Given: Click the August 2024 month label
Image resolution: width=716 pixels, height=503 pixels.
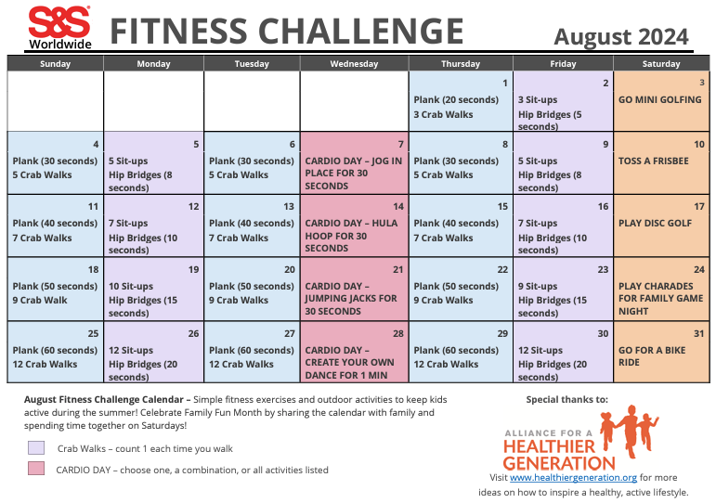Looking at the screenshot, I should coord(621,36).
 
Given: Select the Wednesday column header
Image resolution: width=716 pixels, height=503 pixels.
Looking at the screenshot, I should coord(353,64).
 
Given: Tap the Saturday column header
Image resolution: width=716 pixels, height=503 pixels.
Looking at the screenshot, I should coord(660,64).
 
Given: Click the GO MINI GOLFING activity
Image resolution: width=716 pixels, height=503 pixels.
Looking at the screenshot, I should coord(659,99).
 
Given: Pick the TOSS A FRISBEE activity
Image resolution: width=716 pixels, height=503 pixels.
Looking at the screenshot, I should coord(653,161).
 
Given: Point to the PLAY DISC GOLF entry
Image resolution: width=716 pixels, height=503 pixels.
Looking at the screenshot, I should coord(655,223).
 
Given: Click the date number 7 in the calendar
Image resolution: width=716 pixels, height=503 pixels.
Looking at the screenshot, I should coord(400,145).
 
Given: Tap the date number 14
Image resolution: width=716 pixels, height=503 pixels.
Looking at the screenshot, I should coord(398,206).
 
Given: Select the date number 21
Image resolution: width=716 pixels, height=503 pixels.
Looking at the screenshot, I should coord(398,269).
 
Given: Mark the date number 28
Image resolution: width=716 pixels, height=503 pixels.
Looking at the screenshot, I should coord(398,333).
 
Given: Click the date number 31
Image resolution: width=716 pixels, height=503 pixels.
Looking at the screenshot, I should coord(698,333).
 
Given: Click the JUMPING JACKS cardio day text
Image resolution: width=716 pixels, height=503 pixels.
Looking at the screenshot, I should coord(351,299).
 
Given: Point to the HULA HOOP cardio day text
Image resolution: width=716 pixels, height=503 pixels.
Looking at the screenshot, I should coord(351,236).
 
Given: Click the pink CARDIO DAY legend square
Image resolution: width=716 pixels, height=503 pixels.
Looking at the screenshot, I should coord(36,469).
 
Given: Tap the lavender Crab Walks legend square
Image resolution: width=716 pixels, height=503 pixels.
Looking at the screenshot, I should coord(36,447).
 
